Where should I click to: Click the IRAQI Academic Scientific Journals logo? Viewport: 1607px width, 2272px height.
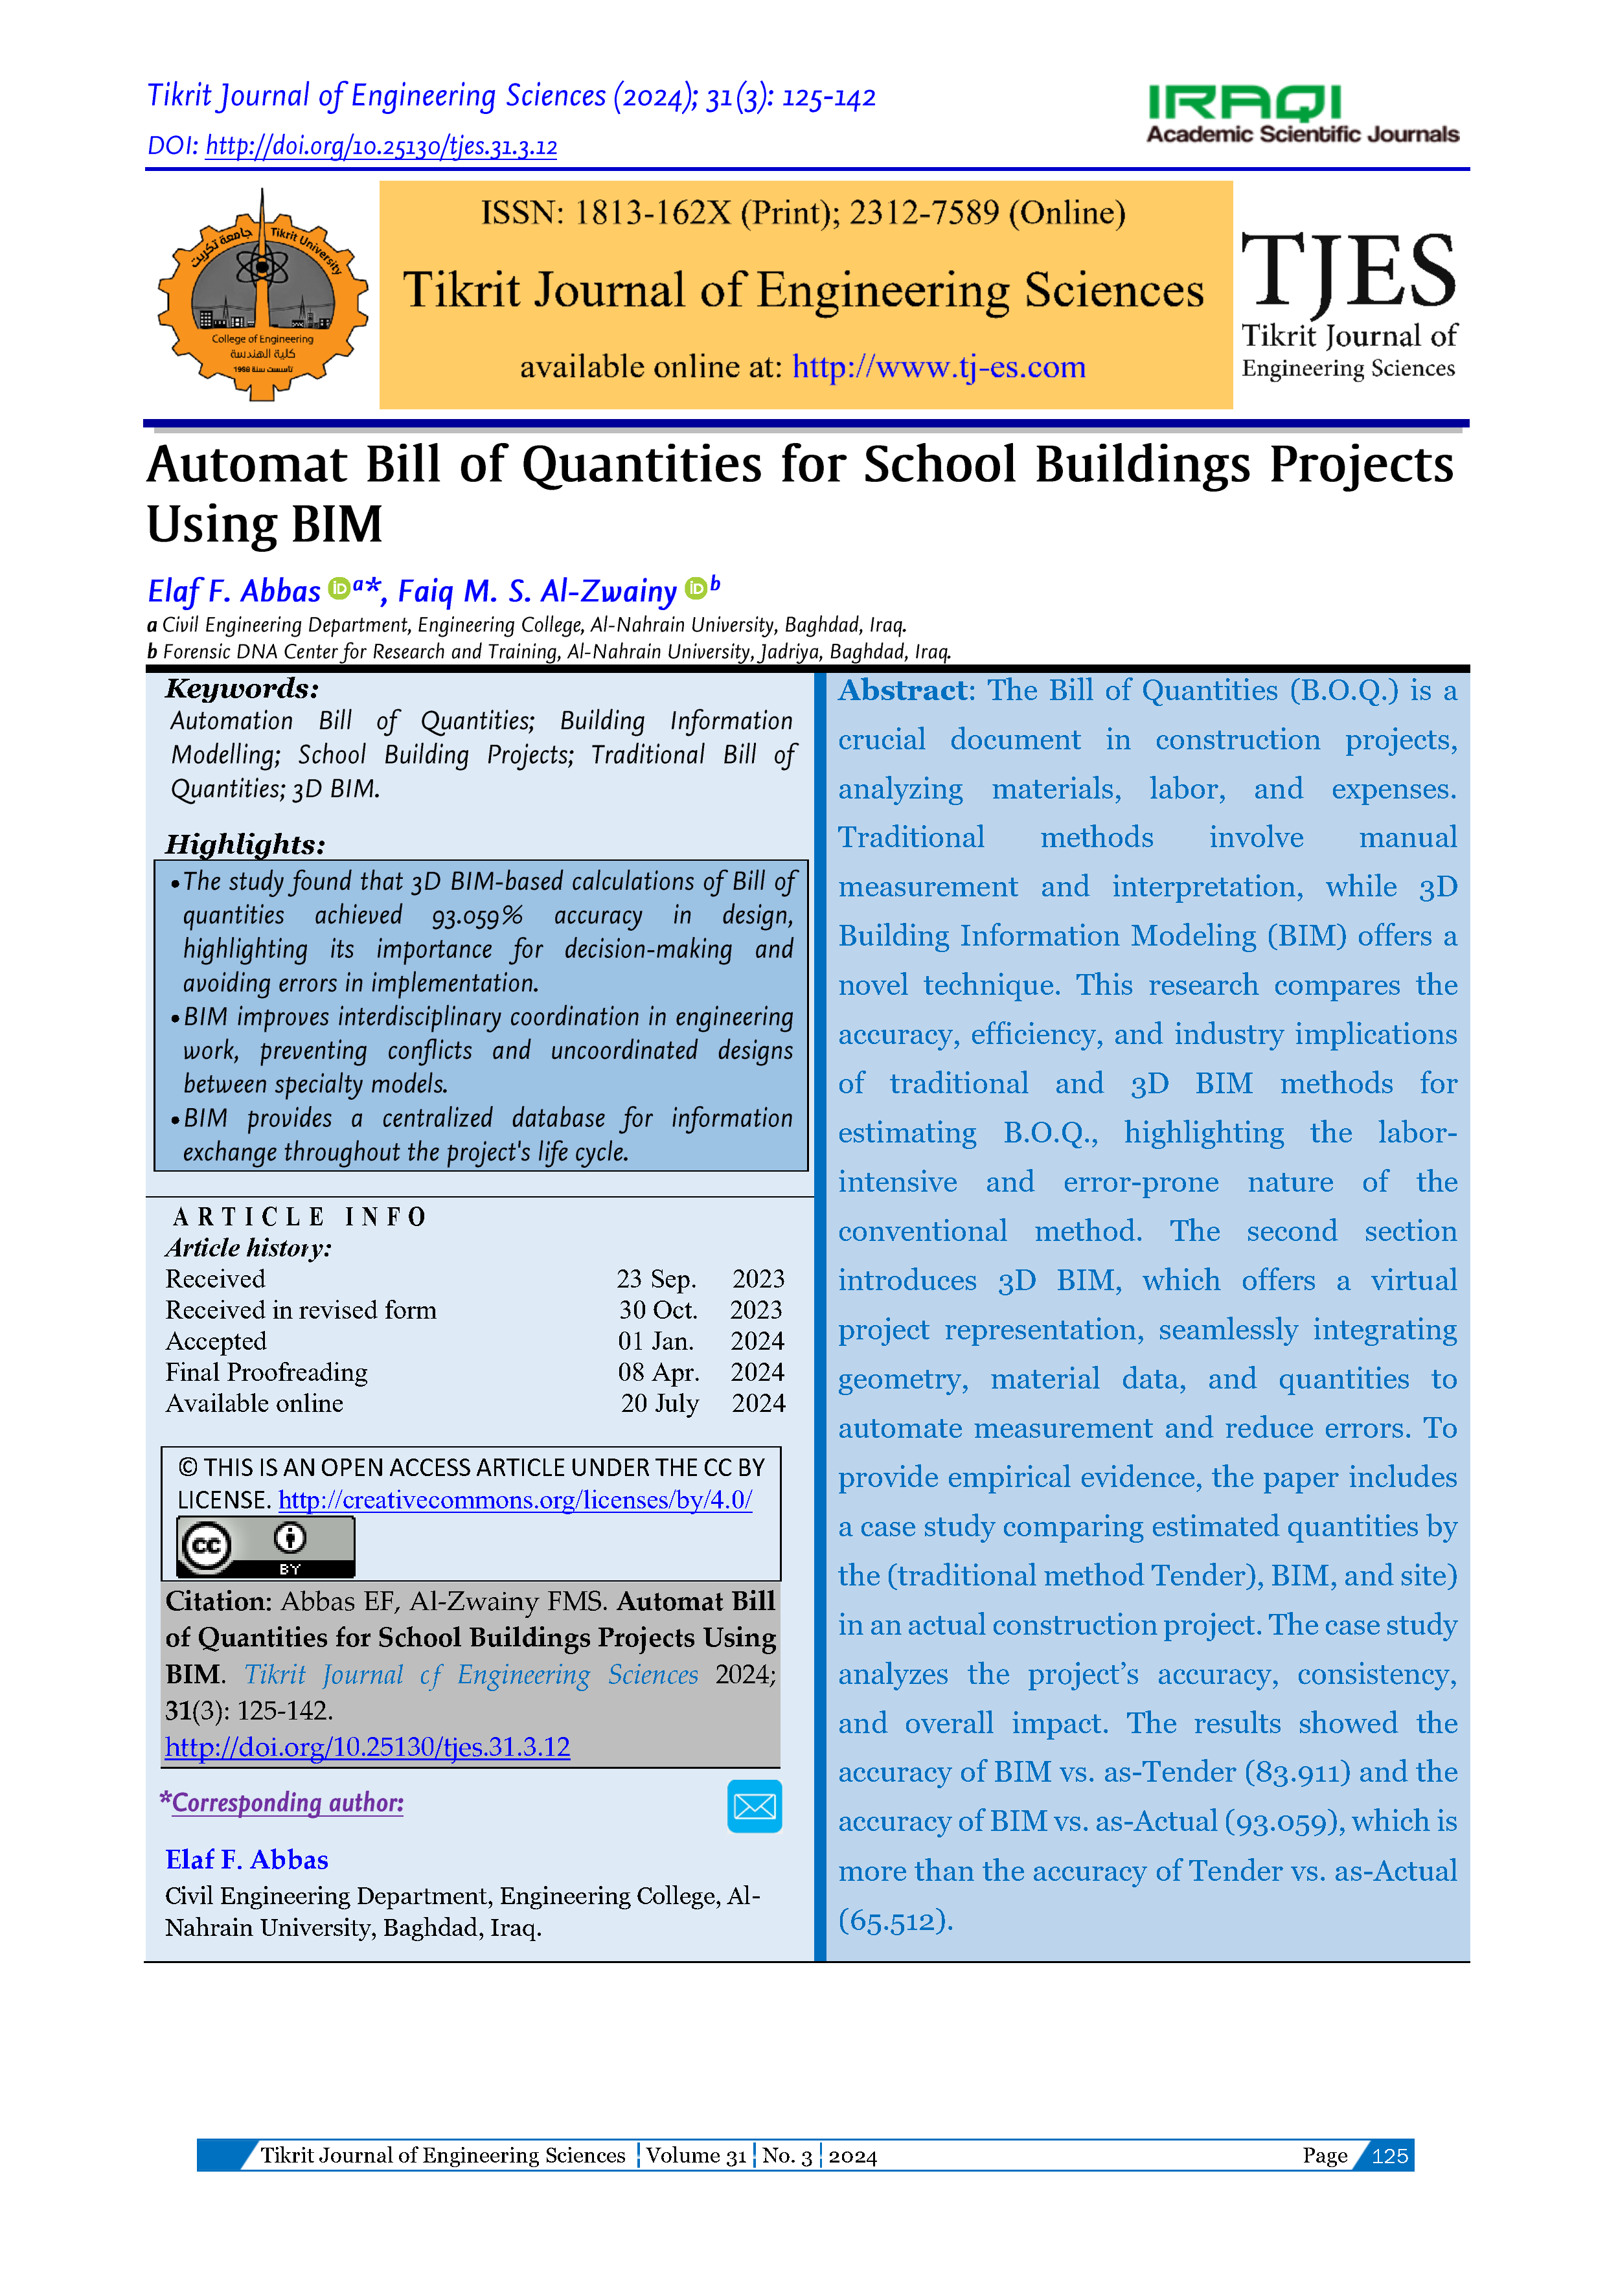tap(1301, 114)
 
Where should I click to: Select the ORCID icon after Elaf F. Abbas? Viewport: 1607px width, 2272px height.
tap(338, 588)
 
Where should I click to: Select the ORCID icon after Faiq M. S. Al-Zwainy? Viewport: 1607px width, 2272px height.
tap(696, 588)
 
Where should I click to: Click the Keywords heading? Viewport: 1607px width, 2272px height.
tap(242, 688)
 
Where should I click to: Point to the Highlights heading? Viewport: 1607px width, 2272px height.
tap(244, 844)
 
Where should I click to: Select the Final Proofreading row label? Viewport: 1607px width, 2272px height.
tap(266, 1372)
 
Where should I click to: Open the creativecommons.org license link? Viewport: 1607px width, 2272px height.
tap(514, 1500)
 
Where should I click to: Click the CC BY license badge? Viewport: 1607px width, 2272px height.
tap(265, 1546)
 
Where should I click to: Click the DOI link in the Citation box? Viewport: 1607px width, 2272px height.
tap(367, 1747)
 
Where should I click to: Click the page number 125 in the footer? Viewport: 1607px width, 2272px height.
tap(1389, 2156)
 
